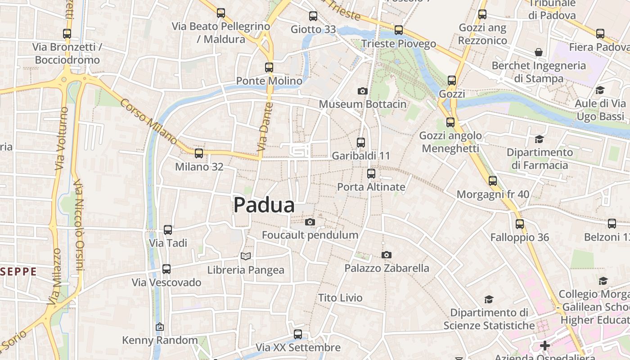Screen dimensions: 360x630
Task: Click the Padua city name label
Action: (x=264, y=205)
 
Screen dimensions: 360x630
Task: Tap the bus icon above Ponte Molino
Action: (x=269, y=67)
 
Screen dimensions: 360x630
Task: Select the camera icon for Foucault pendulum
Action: (x=310, y=222)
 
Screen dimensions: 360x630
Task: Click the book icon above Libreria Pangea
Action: (x=245, y=256)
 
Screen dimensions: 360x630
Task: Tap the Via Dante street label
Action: (x=265, y=127)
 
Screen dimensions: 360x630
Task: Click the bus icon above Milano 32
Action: (x=199, y=153)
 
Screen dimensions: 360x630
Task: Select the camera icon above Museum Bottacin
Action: (x=362, y=91)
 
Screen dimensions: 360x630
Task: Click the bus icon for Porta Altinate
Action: (x=371, y=174)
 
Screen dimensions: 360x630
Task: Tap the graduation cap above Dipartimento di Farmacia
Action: (x=539, y=139)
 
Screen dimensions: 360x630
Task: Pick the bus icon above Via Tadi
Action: (x=168, y=230)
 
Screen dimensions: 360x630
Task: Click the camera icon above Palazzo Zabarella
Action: (x=386, y=255)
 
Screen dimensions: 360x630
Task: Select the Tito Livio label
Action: (x=340, y=298)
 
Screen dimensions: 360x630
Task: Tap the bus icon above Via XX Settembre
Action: (x=298, y=334)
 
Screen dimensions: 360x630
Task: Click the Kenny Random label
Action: (x=160, y=340)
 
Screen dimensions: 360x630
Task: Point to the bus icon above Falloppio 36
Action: (x=520, y=224)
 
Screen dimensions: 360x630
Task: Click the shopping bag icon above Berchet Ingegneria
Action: (x=539, y=52)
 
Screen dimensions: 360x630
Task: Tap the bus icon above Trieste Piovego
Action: (x=399, y=30)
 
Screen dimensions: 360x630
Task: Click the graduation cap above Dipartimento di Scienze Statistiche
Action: (x=489, y=299)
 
